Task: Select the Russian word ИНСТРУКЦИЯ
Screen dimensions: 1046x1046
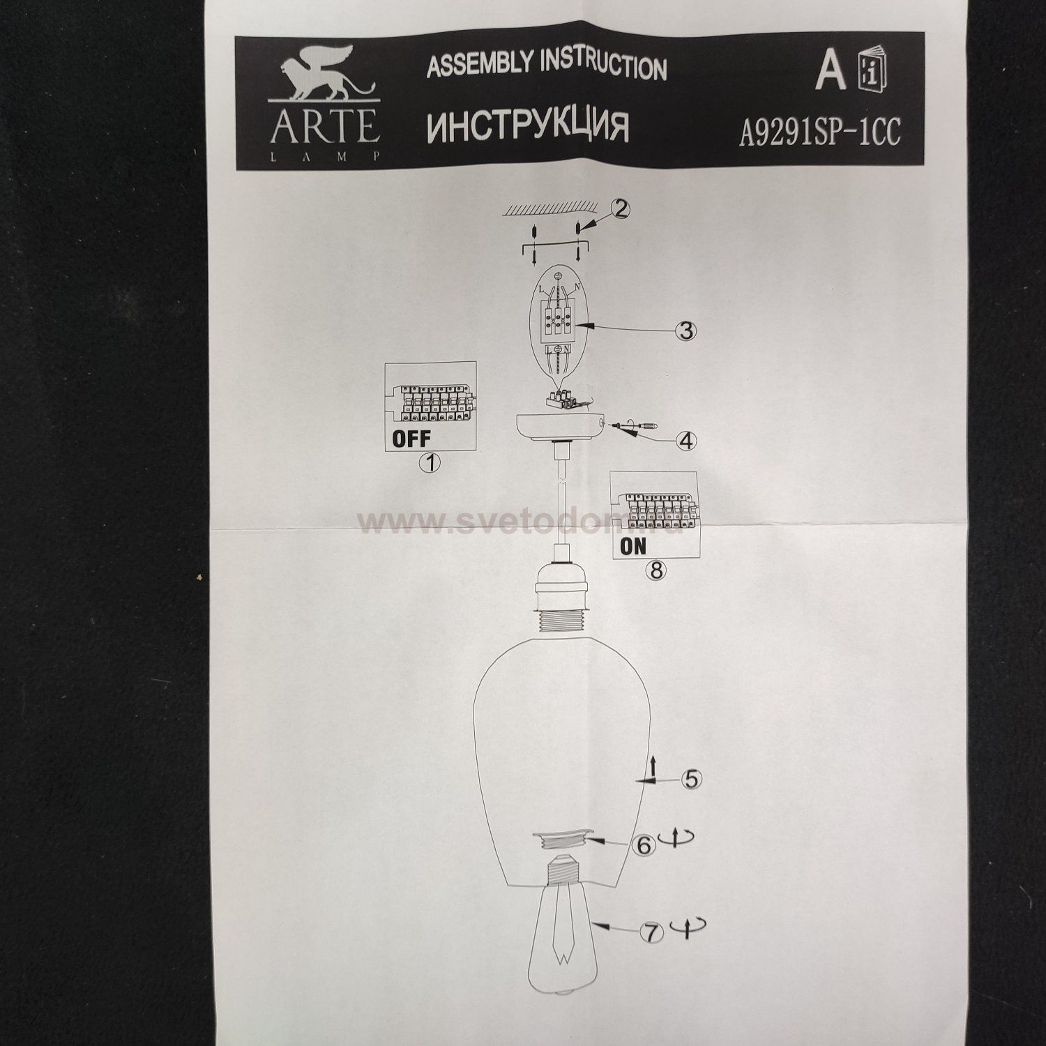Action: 527,126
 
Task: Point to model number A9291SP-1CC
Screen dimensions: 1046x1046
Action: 819,131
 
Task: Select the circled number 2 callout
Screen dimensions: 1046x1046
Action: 621,209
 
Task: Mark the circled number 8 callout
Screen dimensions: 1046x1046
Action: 655,570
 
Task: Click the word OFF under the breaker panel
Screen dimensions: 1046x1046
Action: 411,439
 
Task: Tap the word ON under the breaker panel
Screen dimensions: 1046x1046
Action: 633,546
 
